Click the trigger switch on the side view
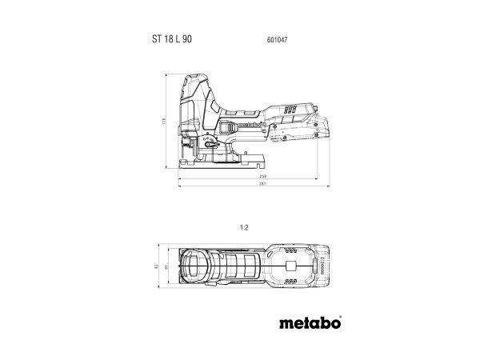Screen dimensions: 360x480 pyautogui.click(x=228, y=129)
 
